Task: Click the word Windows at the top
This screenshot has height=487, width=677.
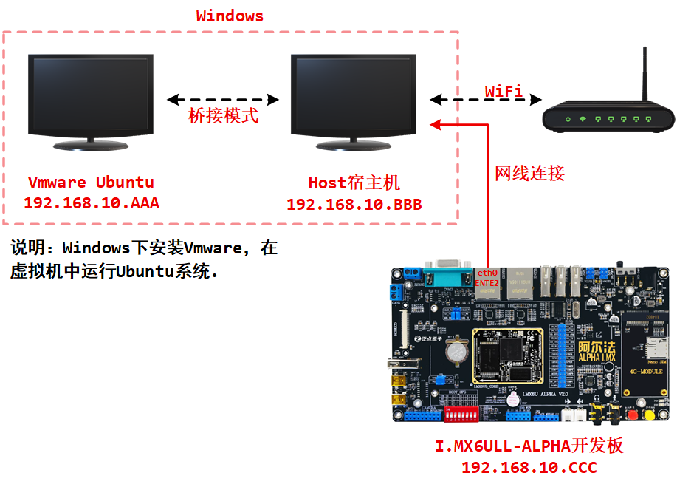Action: (230, 16)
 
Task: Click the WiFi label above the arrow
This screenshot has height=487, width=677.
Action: (504, 91)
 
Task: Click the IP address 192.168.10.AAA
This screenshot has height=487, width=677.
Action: (92, 202)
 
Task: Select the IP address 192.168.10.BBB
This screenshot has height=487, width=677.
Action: (354, 204)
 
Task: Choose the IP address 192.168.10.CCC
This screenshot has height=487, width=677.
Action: (529, 467)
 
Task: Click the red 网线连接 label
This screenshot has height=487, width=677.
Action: (529, 174)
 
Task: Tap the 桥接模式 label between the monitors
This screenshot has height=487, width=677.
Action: (224, 115)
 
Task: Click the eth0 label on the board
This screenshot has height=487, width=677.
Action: (487, 273)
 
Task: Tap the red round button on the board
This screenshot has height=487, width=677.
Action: (631, 415)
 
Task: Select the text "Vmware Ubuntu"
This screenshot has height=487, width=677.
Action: (91, 183)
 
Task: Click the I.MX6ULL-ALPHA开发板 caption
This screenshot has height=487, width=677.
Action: (529, 446)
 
